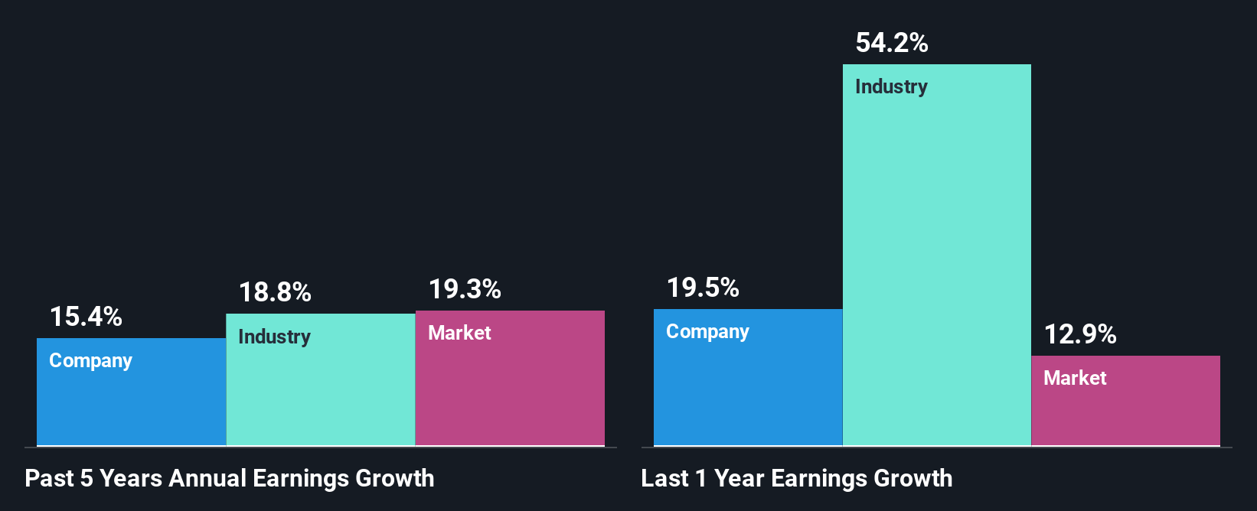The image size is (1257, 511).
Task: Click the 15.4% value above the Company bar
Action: click(x=86, y=317)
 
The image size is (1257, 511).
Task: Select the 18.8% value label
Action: click(x=275, y=292)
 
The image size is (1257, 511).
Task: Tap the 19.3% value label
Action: click(x=465, y=289)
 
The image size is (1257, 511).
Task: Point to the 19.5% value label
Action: click(x=703, y=288)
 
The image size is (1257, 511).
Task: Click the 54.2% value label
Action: click(x=892, y=43)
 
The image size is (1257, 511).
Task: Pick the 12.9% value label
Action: click(x=1080, y=334)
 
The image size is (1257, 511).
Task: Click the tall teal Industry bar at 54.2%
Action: click(x=936, y=260)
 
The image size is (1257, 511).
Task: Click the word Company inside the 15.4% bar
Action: click(x=90, y=360)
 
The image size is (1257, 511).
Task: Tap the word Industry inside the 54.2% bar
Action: click(x=891, y=86)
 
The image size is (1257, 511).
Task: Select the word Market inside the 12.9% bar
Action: click(x=1075, y=378)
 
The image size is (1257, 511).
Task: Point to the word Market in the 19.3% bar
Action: click(x=459, y=333)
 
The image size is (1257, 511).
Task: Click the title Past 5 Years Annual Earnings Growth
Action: click(x=230, y=478)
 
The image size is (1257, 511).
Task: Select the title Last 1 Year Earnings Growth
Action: click(x=797, y=478)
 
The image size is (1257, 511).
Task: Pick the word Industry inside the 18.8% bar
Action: click(x=274, y=337)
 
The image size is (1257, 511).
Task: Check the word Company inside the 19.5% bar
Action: click(x=707, y=331)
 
